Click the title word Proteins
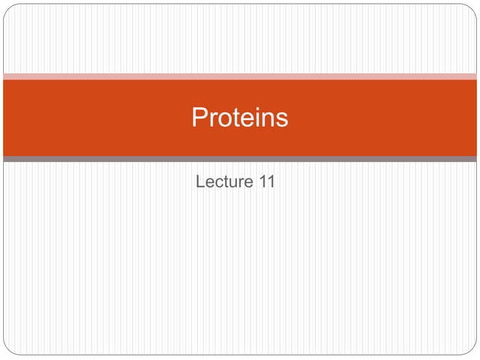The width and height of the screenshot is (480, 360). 240,118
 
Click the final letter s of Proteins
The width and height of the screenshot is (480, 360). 281,119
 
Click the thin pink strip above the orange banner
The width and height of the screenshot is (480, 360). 240,76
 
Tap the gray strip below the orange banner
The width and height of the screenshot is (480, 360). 240,159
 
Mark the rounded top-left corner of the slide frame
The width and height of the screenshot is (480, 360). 7,8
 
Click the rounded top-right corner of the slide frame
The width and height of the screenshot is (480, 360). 472,8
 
